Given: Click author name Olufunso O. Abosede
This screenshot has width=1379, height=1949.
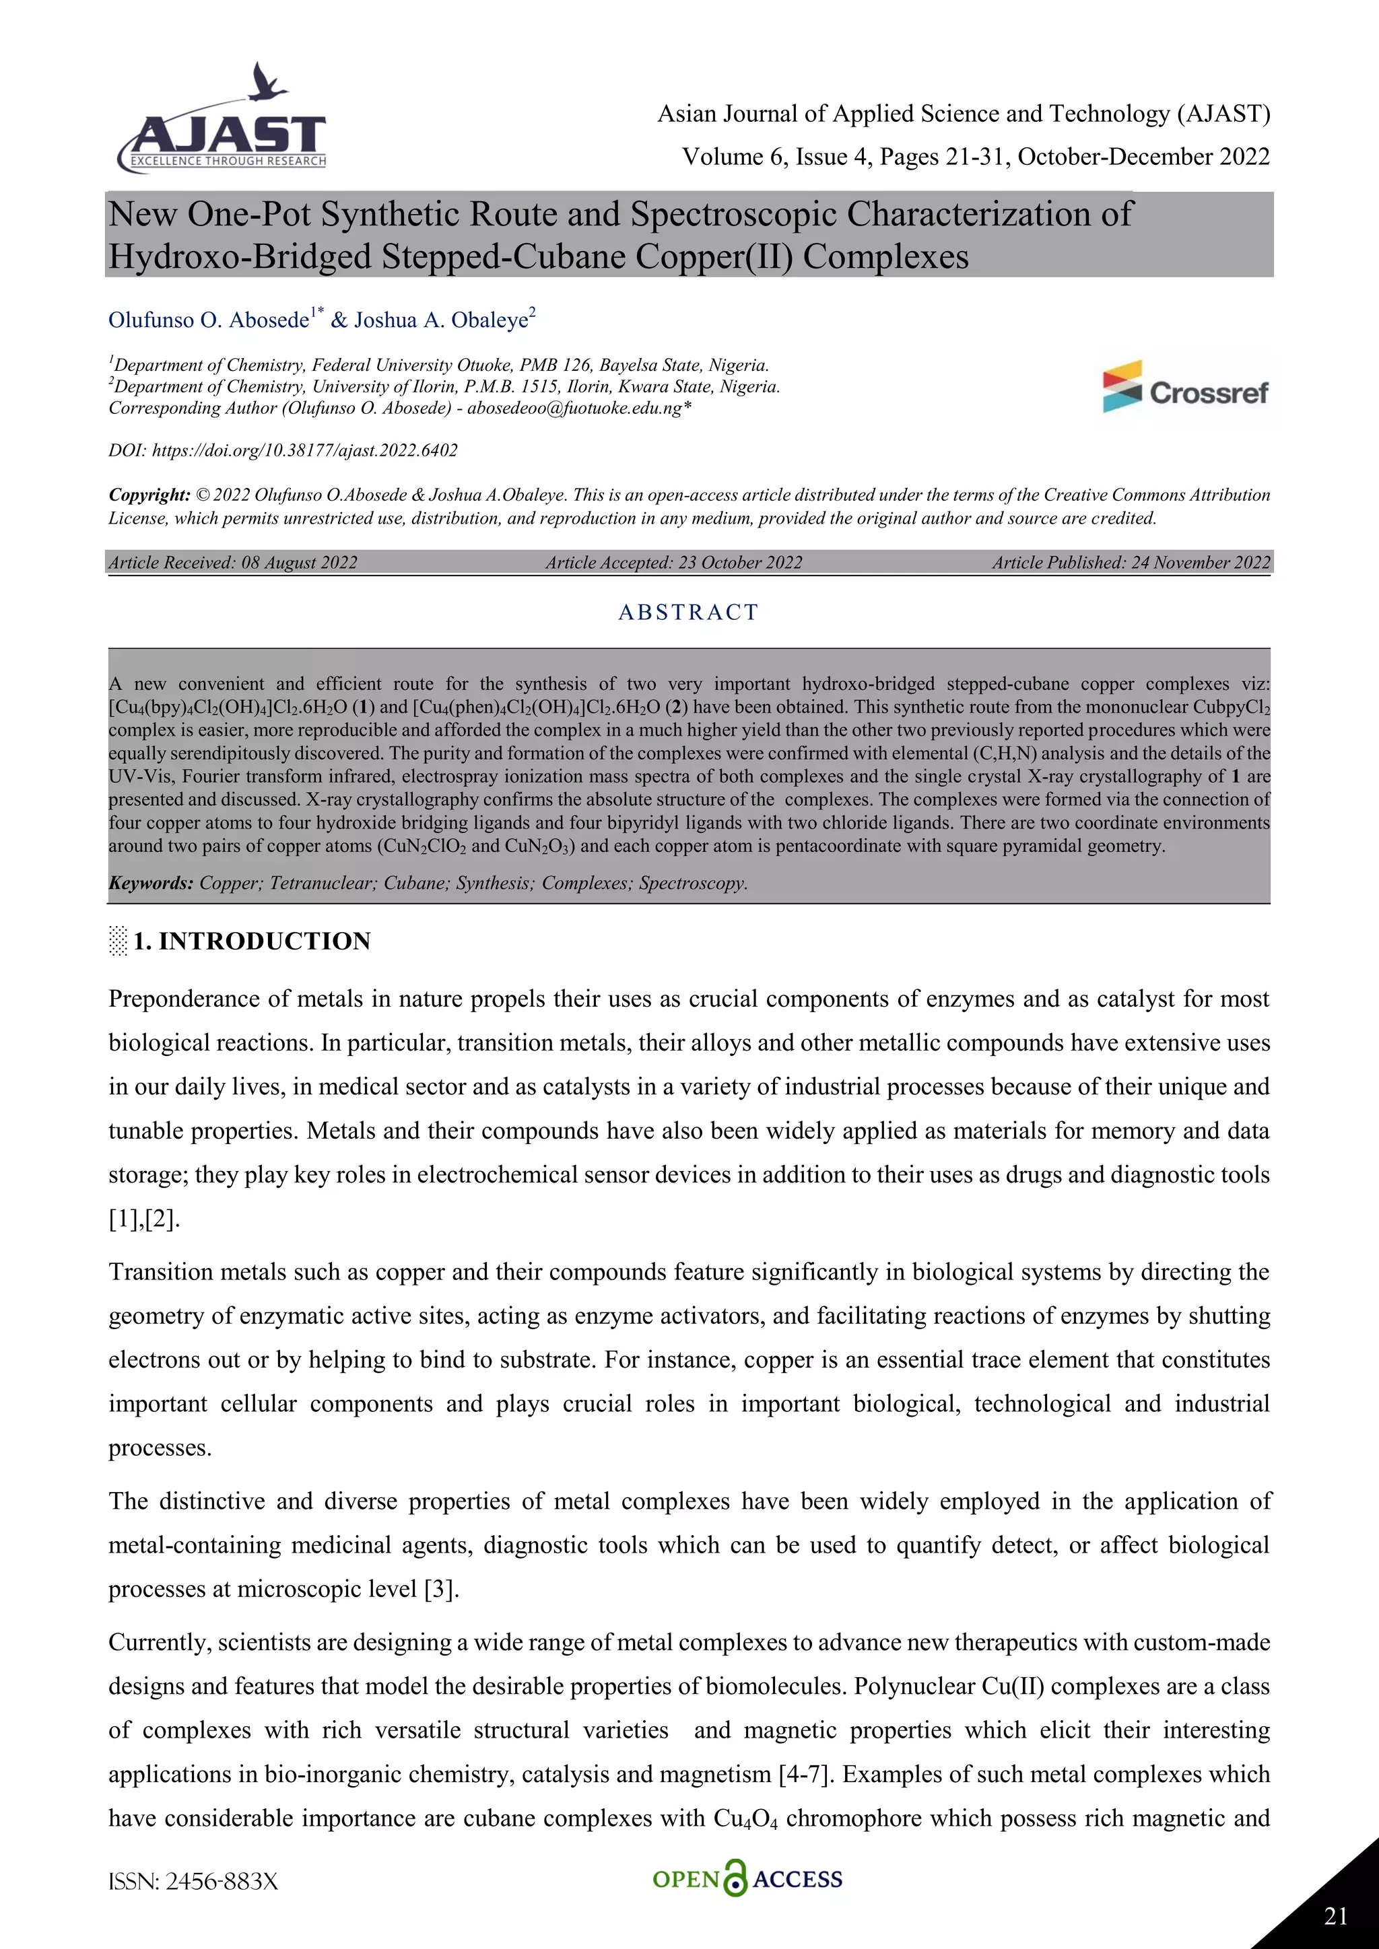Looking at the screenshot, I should tap(209, 320).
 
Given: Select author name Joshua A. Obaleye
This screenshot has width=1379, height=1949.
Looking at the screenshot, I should tap(442, 320).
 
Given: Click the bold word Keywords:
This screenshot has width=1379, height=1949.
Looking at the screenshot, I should tap(151, 883).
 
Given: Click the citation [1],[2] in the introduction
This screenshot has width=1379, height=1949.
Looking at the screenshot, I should tap(144, 1219).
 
